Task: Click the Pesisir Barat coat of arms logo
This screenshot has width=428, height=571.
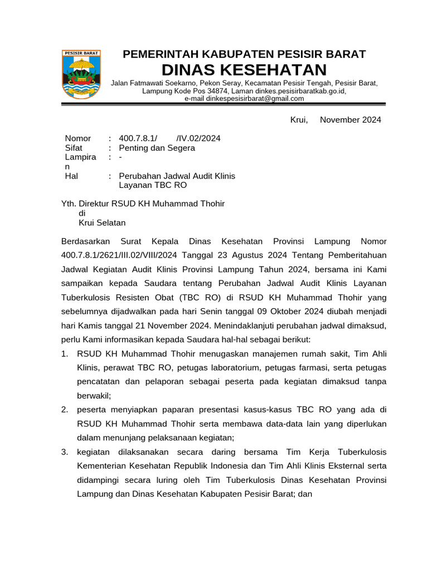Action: (81, 74)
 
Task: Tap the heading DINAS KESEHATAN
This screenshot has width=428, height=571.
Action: (244, 70)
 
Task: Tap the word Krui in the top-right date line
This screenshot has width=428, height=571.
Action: (299, 120)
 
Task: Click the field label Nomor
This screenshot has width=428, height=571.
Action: (77, 138)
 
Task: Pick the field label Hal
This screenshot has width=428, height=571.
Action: (71, 176)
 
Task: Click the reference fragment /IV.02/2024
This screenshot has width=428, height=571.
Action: (198, 138)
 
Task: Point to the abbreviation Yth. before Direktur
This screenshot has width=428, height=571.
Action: (69, 204)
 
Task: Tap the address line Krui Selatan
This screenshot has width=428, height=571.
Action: (102, 223)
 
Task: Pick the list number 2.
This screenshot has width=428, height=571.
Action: (65, 410)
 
